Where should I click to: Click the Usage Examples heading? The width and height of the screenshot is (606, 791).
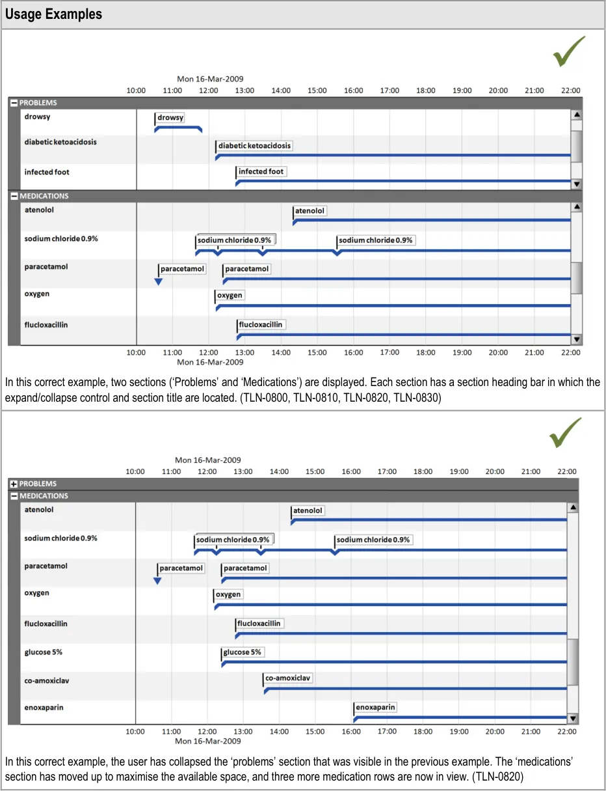click(x=53, y=14)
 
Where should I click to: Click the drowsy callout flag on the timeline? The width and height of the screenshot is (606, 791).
click(x=170, y=118)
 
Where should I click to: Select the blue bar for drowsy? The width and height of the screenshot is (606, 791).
click(x=178, y=128)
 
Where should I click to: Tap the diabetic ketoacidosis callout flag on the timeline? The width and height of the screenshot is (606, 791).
click(x=254, y=146)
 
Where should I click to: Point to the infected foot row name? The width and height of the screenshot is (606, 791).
click(x=47, y=172)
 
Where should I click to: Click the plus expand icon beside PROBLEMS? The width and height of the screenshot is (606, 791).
click(x=14, y=484)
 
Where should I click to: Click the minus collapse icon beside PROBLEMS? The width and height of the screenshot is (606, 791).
click(x=14, y=103)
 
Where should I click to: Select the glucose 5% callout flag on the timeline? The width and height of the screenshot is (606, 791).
click(x=243, y=652)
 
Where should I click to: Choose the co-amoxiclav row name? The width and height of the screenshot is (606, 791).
click(x=47, y=680)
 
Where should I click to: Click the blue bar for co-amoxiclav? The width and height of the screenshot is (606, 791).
click(x=416, y=689)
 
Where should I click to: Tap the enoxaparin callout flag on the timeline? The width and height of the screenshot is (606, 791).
click(x=376, y=707)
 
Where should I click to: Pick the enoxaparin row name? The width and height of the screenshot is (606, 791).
click(x=44, y=707)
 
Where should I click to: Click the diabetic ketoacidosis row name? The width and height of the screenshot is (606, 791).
click(x=60, y=141)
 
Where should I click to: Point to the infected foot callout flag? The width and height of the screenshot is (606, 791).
click(x=261, y=171)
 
